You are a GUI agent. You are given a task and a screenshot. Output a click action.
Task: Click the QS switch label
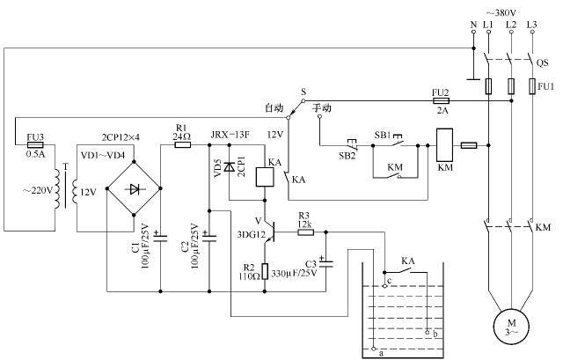click(x=543, y=62)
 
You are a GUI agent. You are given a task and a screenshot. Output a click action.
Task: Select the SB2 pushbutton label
click(x=348, y=155)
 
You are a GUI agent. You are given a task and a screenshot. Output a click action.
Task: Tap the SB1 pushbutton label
click(x=383, y=134)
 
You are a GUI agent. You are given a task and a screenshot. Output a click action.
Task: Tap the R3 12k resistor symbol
click(x=304, y=231)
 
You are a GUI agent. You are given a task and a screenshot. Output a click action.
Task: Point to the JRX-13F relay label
click(x=230, y=134)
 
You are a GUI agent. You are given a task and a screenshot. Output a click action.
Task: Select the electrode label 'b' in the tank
click(x=435, y=334)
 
